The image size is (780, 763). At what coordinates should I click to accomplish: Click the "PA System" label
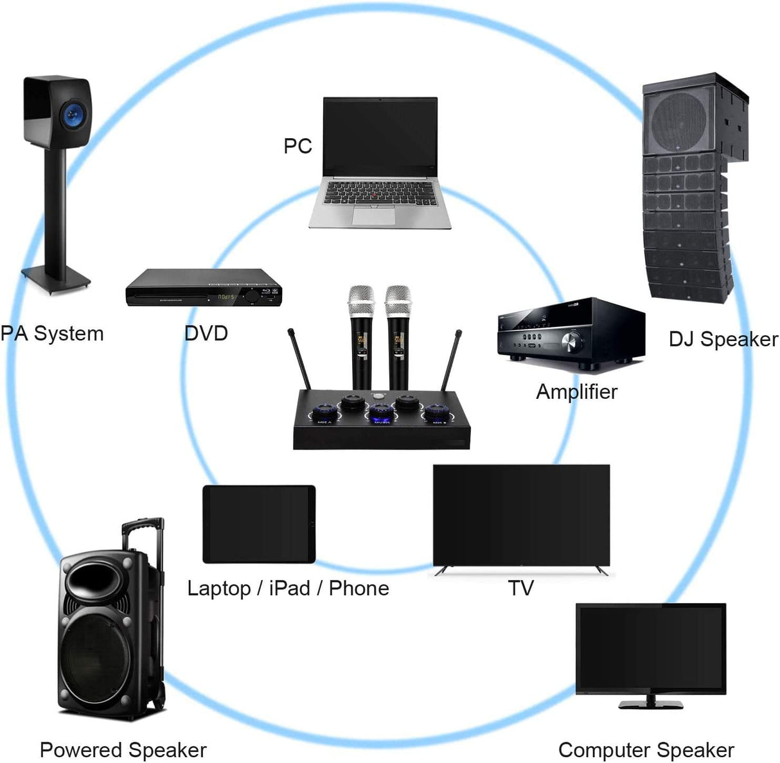(52, 333)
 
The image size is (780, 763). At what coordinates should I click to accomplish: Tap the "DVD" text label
(206, 333)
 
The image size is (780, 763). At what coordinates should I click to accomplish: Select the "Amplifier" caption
(576, 392)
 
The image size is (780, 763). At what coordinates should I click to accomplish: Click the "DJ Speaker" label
(723, 339)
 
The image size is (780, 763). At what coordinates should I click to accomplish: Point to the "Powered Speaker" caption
(123, 750)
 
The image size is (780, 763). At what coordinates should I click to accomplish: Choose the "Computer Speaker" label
(646, 750)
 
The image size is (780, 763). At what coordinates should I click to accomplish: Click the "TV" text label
(520, 588)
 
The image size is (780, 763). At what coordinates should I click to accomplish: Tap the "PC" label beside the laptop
(297, 146)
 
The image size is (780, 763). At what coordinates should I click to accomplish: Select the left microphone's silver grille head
(360, 300)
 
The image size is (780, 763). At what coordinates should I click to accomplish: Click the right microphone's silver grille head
(398, 300)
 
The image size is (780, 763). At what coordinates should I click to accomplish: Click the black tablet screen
(258, 524)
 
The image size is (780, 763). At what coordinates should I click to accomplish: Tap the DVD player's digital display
(226, 297)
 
